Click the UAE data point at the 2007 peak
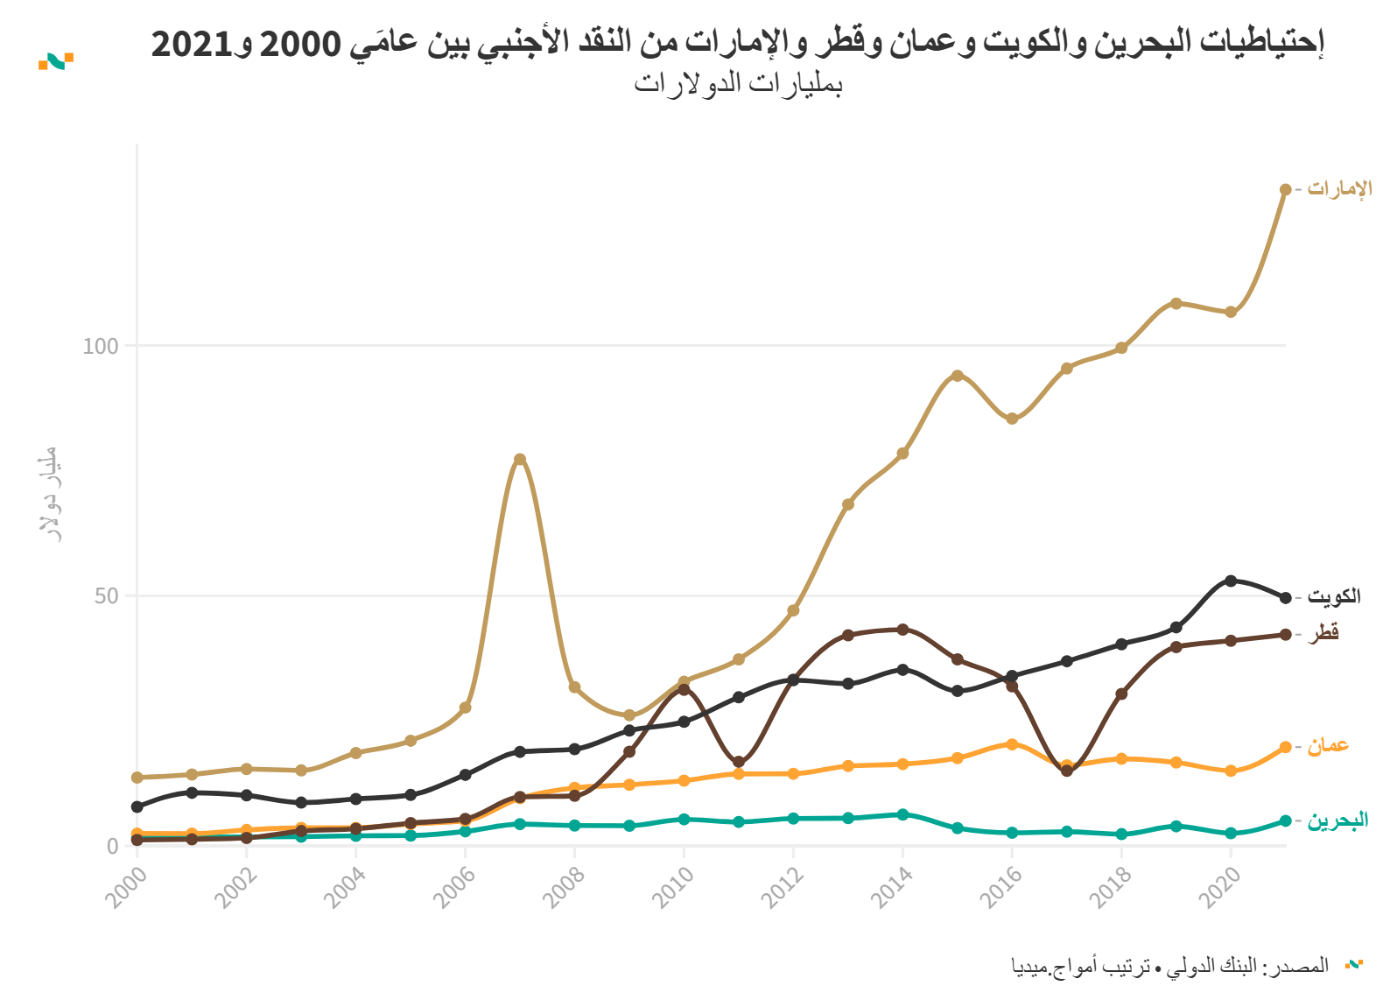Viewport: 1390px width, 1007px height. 520,459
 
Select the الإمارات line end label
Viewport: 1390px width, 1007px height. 1339,189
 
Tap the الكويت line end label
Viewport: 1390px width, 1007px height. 1334,597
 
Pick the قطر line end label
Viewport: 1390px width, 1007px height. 1323,633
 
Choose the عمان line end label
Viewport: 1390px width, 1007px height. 1328,746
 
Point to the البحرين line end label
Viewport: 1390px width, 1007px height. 1337,820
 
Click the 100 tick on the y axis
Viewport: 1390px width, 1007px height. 100,346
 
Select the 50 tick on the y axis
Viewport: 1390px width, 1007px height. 106,596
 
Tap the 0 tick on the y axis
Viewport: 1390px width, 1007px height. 112,846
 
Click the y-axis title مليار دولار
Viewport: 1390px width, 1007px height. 49,495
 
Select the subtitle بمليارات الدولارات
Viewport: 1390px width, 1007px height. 738,84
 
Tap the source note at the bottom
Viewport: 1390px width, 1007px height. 1169,967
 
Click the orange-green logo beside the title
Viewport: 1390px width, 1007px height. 56,61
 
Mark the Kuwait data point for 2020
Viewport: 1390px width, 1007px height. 1231,581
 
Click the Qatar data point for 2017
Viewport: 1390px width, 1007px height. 1066,771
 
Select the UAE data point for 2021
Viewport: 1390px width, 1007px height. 1285,189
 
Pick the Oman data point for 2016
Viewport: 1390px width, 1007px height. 1012,744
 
